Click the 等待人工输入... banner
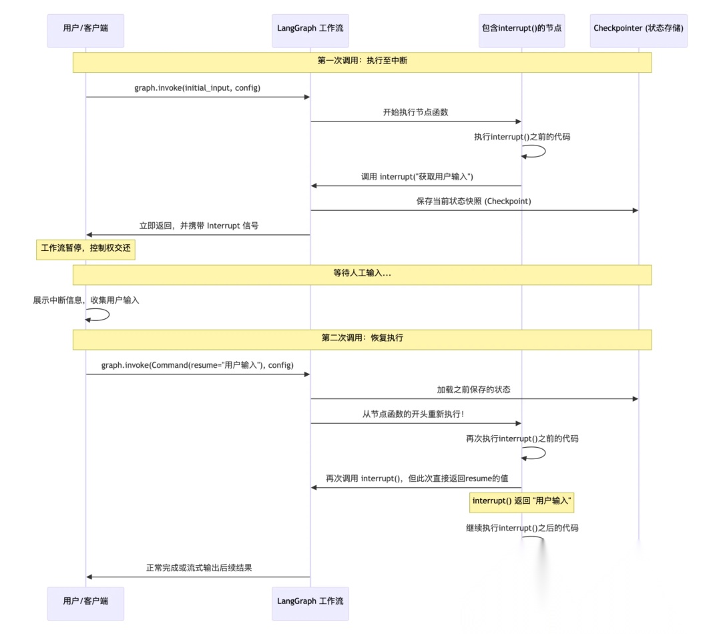click(362, 274)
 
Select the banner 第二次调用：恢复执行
click(362, 339)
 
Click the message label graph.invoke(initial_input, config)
click(198, 88)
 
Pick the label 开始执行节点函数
click(415, 113)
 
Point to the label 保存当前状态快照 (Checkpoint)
click(474, 202)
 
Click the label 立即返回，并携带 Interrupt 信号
click(199, 226)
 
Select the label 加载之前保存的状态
click(474, 390)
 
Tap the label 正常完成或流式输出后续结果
click(199, 569)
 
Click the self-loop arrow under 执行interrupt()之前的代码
click(538, 151)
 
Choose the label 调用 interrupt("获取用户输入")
click(417, 177)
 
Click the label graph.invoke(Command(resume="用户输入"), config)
click(198, 366)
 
